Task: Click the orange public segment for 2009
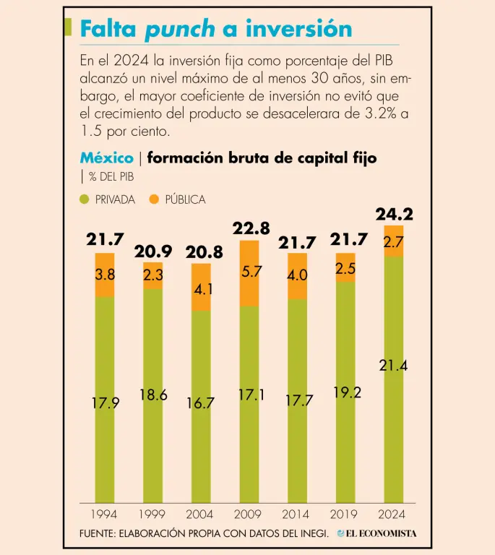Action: point(249,273)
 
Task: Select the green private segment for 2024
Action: point(394,379)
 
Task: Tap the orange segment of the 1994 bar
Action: point(105,275)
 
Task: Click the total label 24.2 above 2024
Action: point(394,214)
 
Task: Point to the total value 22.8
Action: point(251,228)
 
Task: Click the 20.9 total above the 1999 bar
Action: point(153,251)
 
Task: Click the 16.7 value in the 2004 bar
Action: point(201,403)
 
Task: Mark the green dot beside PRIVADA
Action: point(85,199)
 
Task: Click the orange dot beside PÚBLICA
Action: point(153,199)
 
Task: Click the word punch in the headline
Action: point(180,28)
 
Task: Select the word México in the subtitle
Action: point(106,158)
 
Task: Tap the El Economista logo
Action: point(376,533)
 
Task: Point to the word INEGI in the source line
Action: point(313,533)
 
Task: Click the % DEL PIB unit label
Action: point(111,177)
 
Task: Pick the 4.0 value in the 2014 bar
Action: point(298,275)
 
